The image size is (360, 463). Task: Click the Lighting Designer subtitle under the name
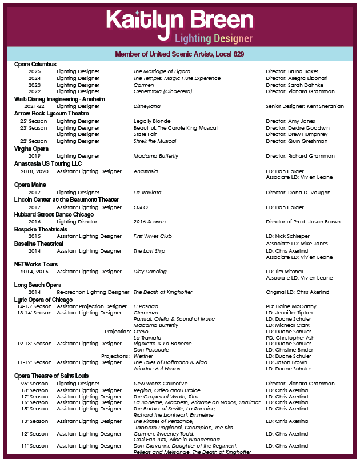213,39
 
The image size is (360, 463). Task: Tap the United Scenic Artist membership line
179,54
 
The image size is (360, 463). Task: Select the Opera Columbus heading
35,65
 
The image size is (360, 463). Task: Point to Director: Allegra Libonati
297,78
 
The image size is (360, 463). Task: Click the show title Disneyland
147,106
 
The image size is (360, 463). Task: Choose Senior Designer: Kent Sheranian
305,106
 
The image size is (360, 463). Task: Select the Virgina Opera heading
31,149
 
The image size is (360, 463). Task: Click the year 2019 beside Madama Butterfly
34,156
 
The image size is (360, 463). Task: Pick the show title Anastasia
146,171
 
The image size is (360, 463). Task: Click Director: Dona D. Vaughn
298,193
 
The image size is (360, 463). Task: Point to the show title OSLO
141,207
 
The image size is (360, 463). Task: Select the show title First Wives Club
153,236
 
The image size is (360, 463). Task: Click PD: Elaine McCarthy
291,306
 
